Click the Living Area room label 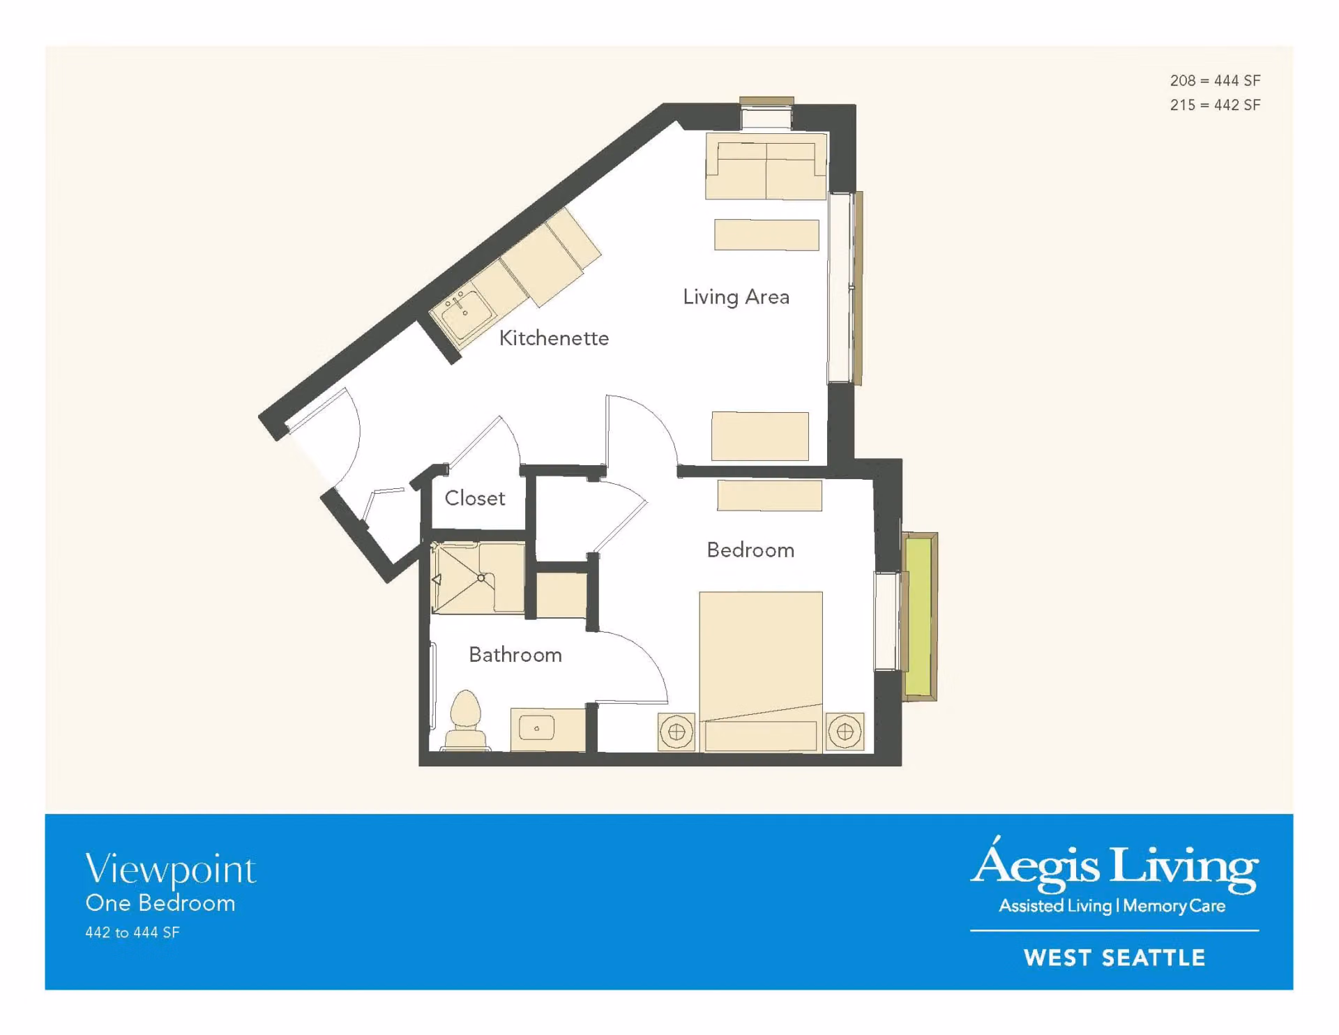tap(736, 297)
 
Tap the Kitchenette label tap(554, 338)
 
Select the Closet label tap(475, 498)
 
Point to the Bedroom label tap(750, 550)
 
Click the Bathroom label tap(515, 654)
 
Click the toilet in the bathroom tap(466, 720)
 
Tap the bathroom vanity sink tap(536, 728)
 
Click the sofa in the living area tap(766, 166)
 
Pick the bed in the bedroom tap(761, 671)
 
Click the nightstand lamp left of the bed tap(676, 732)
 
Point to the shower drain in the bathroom tap(481, 578)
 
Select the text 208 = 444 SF tap(1215, 81)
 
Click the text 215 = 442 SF tap(1215, 105)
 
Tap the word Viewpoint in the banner tap(171, 870)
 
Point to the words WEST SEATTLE tap(1114, 958)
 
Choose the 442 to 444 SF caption tap(133, 932)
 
